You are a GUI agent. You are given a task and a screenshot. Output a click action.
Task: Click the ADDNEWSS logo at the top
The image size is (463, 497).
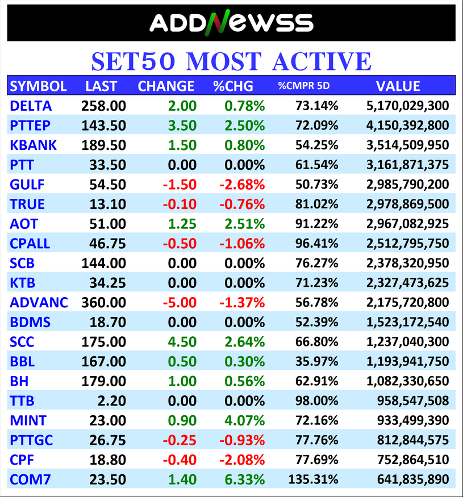(231, 23)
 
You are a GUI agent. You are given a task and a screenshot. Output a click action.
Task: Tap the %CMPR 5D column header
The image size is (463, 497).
(303, 86)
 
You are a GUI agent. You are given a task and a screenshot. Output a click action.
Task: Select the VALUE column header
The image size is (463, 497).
(398, 86)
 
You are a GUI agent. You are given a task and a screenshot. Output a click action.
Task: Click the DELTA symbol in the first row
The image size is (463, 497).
(31, 106)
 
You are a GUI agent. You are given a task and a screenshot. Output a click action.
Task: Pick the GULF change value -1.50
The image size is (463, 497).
(181, 184)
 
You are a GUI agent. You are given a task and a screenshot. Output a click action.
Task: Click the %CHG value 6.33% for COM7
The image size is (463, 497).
(245, 479)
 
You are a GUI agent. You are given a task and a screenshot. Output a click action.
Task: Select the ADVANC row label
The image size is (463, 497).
(39, 302)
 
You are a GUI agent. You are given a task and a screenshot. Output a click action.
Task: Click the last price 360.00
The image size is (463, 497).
(103, 302)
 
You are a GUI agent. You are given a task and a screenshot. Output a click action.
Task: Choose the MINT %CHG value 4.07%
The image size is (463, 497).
(245, 420)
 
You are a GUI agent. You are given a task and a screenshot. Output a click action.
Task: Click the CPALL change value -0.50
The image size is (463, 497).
(181, 243)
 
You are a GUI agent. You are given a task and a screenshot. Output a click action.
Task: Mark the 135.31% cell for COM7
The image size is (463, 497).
(314, 479)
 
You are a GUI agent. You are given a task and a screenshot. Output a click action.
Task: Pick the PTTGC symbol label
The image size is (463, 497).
(35, 440)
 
